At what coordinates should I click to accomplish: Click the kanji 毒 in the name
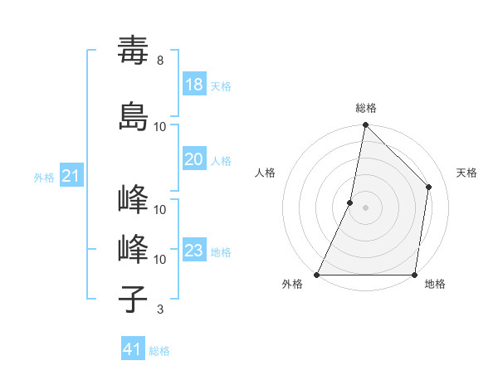pos(134,51)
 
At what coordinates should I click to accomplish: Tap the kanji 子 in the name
pos(134,300)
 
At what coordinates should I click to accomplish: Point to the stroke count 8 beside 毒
pos(160,61)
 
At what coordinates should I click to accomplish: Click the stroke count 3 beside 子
pos(160,310)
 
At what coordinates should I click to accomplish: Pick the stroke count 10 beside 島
pos(160,126)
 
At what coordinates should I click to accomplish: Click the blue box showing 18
pos(194,85)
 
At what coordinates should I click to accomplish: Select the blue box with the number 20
pos(194,159)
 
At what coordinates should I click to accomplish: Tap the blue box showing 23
pos(194,251)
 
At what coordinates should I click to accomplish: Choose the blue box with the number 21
pos(71,176)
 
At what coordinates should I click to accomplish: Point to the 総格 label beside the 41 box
pos(159,351)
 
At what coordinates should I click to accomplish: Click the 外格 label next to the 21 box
pos(44,177)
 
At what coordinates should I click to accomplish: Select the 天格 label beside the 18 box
pos(221,86)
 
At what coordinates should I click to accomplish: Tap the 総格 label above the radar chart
pos(366,108)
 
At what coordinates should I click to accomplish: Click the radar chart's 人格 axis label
pos(266,173)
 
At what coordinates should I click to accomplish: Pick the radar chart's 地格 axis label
pos(435,284)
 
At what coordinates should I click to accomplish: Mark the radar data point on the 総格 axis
pos(365,125)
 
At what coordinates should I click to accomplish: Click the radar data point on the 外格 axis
pos(317,275)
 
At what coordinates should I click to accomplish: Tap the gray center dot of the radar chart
pos(365,207)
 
